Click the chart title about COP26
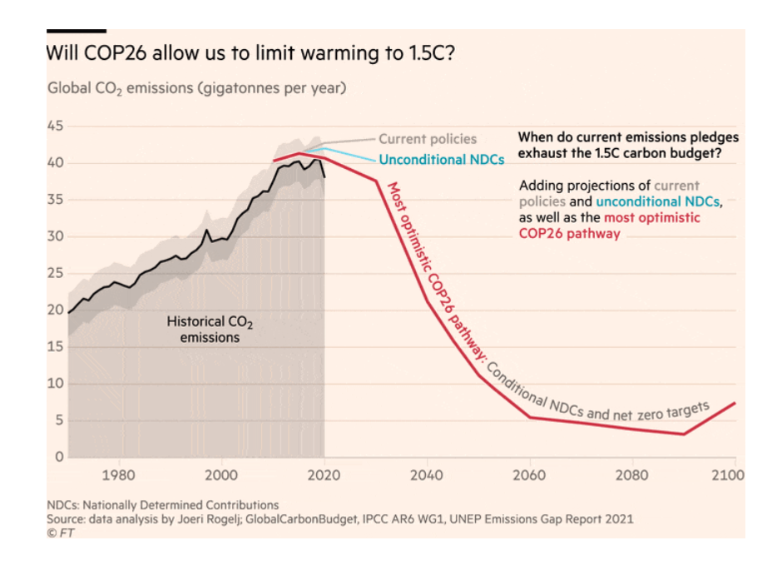click(x=250, y=53)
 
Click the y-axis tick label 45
click(x=54, y=126)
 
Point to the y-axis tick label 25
click(x=54, y=273)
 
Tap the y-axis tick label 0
click(x=59, y=457)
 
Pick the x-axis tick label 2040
click(x=427, y=476)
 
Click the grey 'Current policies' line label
click(x=428, y=139)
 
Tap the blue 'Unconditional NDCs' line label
click(x=442, y=160)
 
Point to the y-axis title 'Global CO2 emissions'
click(x=196, y=87)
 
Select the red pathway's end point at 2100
click(x=735, y=403)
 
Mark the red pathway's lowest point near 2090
click(x=684, y=434)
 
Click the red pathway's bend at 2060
click(x=530, y=417)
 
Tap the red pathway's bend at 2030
click(x=377, y=181)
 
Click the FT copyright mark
click(x=57, y=533)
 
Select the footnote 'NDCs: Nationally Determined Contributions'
click(x=162, y=504)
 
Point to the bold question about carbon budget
click(x=627, y=145)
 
